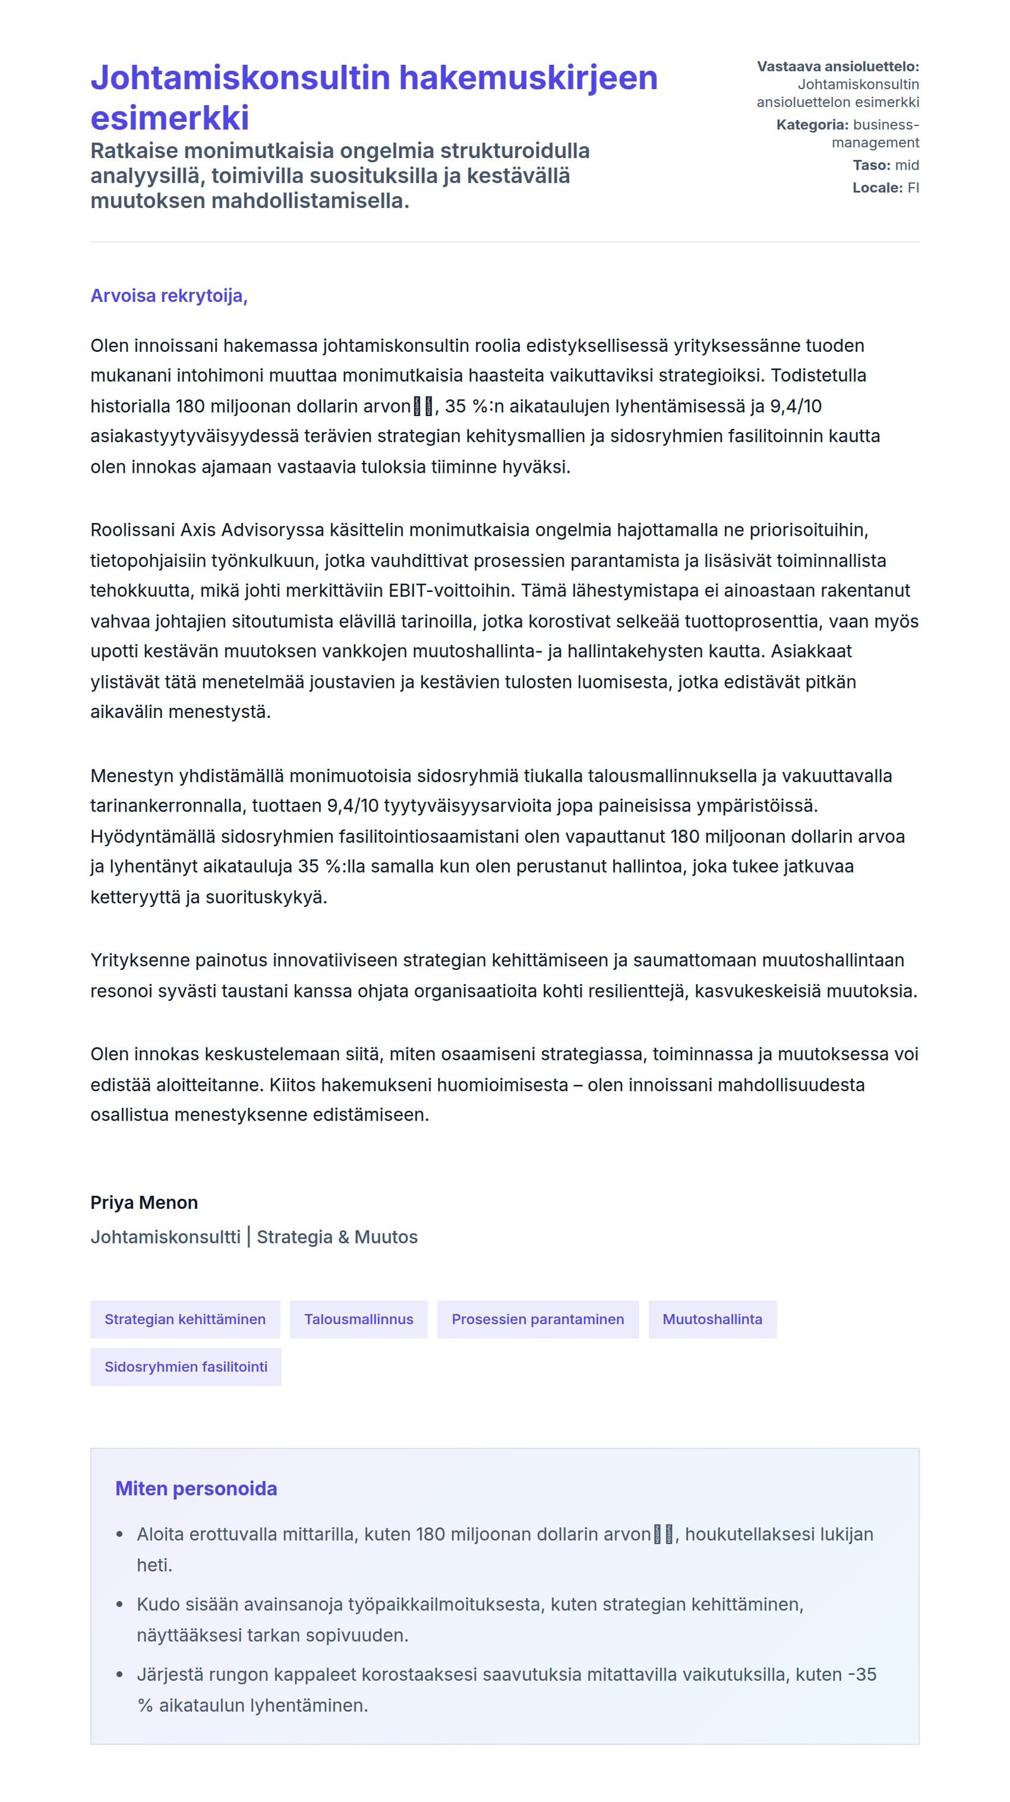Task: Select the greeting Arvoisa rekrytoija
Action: pyautogui.click(x=169, y=296)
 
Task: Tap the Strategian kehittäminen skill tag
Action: pyautogui.click(x=185, y=1319)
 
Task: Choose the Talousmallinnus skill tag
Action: pyautogui.click(x=358, y=1319)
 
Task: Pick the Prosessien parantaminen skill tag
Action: pyautogui.click(x=537, y=1319)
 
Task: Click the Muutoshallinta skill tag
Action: pyautogui.click(x=711, y=1319)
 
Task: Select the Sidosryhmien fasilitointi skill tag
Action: pyautogui.click(x=185, y=1366)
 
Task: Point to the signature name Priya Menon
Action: pyautogui.click(x=144, y=1202)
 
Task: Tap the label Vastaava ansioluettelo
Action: pyautogui.click(x=837, y=67)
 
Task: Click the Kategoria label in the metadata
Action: pyautogui.click(x=812, y=125)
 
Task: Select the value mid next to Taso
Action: pyautogui.click(x=907, y=165)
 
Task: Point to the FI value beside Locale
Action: pyautogui.click(x=913, y=187)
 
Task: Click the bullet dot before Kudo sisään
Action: pyautogui.click(x=119, y=1604)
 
